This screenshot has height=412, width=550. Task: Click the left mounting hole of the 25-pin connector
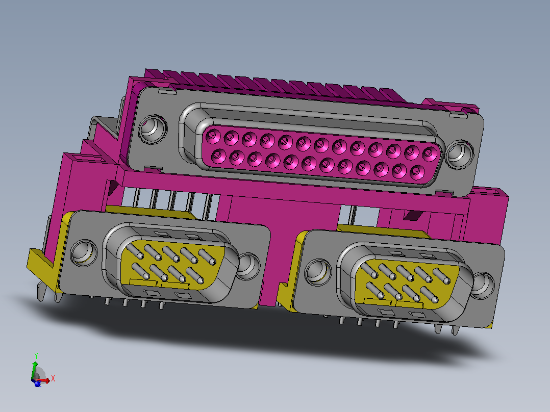pos(153,128)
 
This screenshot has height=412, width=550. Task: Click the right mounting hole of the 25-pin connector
pos(460,154)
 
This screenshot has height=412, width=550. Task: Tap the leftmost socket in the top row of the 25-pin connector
pos(213,136)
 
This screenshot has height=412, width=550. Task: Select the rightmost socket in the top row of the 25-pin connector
pos(430,154)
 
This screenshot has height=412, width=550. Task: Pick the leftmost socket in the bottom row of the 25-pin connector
pos(218,156)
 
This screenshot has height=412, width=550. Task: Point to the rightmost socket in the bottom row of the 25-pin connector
pos(417,172)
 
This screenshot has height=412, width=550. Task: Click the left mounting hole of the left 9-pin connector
pos(84,253)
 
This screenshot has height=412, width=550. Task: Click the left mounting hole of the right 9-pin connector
pos(318,272)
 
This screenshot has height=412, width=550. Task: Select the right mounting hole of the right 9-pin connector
pos(483,285)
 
